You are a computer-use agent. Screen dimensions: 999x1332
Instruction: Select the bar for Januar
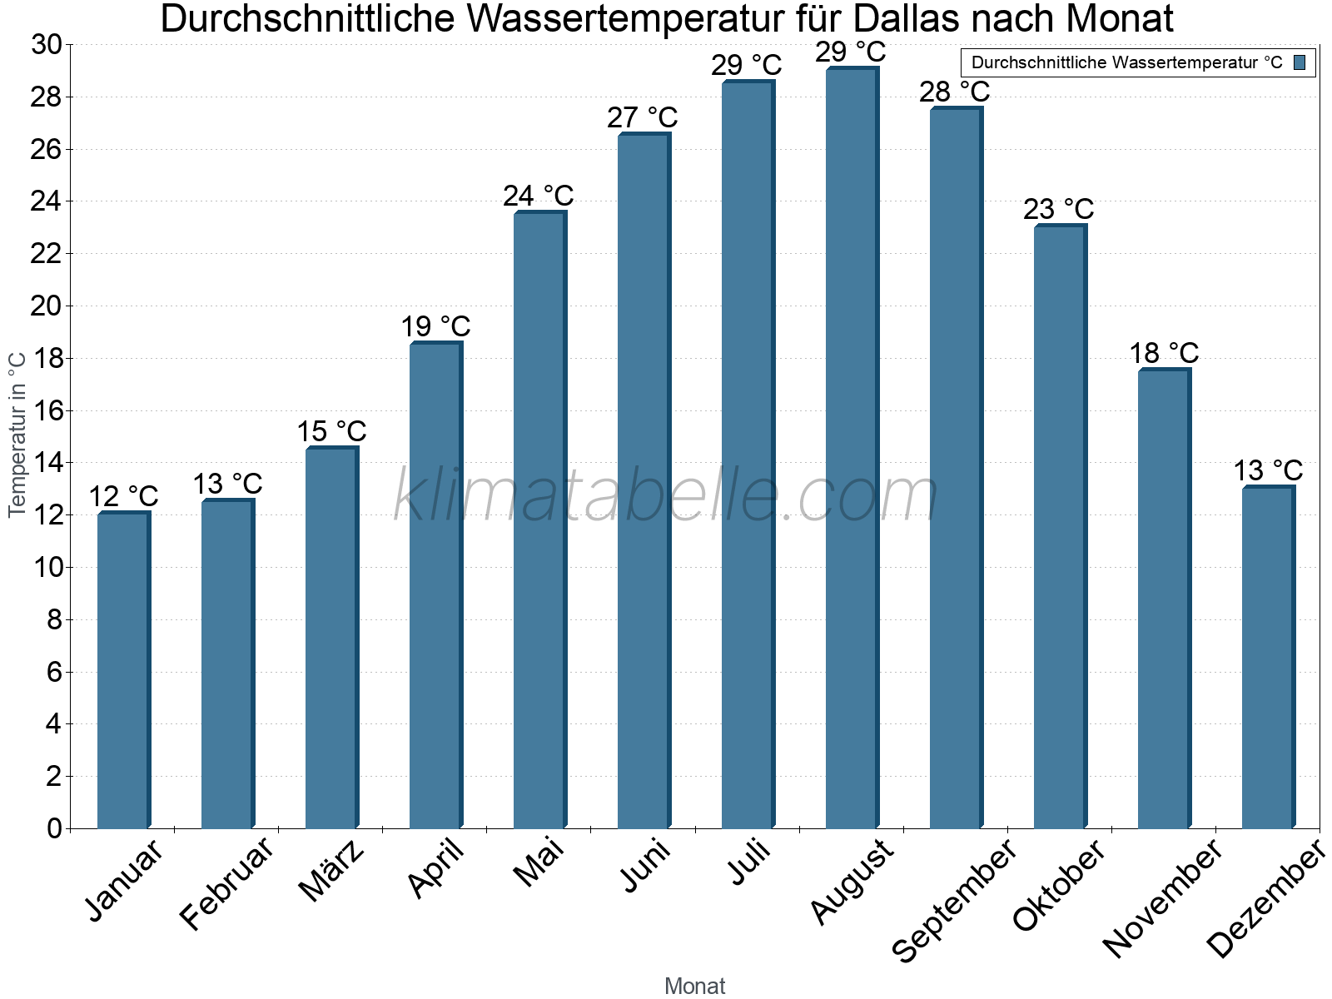(123, 670)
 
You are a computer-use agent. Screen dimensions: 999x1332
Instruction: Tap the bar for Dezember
(1268, 658)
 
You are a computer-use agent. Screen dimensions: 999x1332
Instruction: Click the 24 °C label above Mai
(538, 196)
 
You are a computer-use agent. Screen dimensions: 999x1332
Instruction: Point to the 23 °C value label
(1058, 209)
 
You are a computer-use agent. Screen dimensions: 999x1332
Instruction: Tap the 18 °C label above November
(1163, 354)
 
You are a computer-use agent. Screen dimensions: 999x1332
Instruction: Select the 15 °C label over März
(331, 432)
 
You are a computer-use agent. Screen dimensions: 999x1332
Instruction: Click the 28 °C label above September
(954, 92)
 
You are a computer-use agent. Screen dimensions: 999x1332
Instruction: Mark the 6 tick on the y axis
(54, 672)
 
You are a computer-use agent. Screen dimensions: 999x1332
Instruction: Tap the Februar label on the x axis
(226, 882)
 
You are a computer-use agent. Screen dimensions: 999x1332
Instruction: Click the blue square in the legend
(1300, 62)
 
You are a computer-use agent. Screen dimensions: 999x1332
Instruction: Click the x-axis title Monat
(695, 986)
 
